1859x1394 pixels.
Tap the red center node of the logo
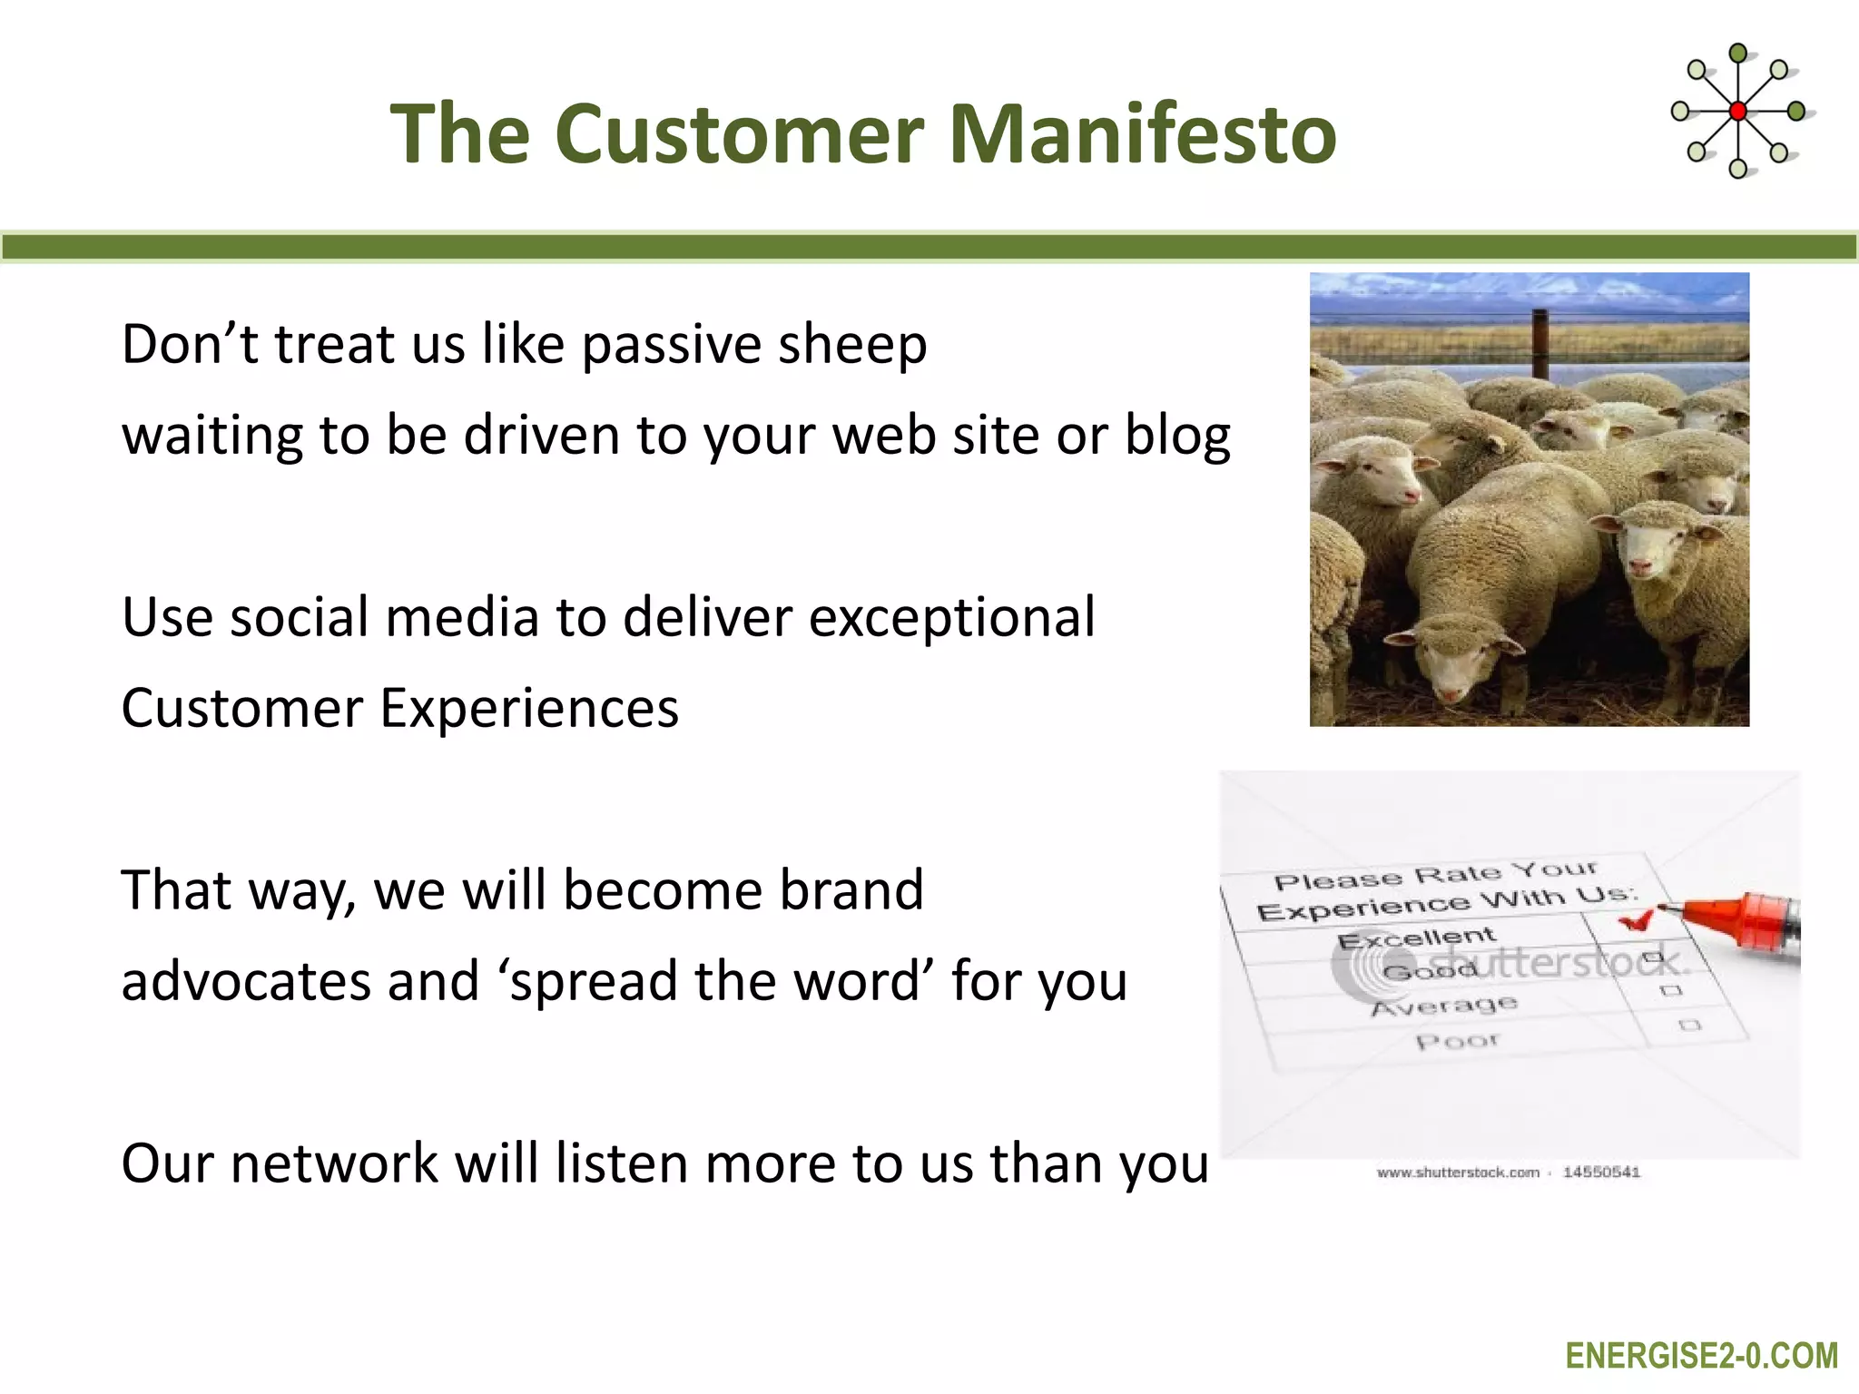(x=1737, y=112)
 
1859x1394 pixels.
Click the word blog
(x=1177, y=436)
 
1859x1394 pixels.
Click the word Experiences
(x=528, y=708)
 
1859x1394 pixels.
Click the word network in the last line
(x=334, y=1163)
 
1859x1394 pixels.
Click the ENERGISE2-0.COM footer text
(x=1701, y=1356)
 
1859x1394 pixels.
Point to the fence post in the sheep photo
(x=1540, y=343)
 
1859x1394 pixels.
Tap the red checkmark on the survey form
(x=1635, y=922)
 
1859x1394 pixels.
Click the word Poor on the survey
(x=1456, y=1041)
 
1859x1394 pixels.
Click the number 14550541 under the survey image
(x=1601, y=1173)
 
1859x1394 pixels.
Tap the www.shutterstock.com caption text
(x=1458, y=1173)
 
